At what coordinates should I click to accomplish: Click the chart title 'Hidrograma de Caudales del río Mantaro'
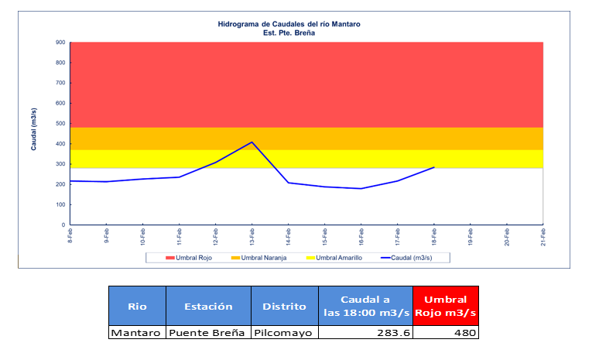pyautogui.click(x=289, y=24)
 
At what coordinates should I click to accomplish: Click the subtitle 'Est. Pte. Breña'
pyautogui.click(x=289, y=33)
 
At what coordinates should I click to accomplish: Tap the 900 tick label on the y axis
pyautogui.click(x=60, y=43)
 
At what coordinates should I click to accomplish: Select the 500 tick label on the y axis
pyautogui.click(x=60, y=124)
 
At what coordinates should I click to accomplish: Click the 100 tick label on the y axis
pyautogui.click(x=60, y=205)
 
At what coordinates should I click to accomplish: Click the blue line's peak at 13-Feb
pyautogui.click(x=252, y=142)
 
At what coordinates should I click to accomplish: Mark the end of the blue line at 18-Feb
pyautogui.click(x=434, y=167)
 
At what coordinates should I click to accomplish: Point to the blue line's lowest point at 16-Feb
pyautogui.click(x=361, y=188)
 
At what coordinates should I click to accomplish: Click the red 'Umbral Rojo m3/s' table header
pyautogui.click(x=445, y=306)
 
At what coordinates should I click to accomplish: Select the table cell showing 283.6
pyautogui.click(x=365, y=333)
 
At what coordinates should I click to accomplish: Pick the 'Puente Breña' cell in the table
pyautogui.click(x=208, y=333)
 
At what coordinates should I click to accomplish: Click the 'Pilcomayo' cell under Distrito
pyautogui.click(x=284, y=333)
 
